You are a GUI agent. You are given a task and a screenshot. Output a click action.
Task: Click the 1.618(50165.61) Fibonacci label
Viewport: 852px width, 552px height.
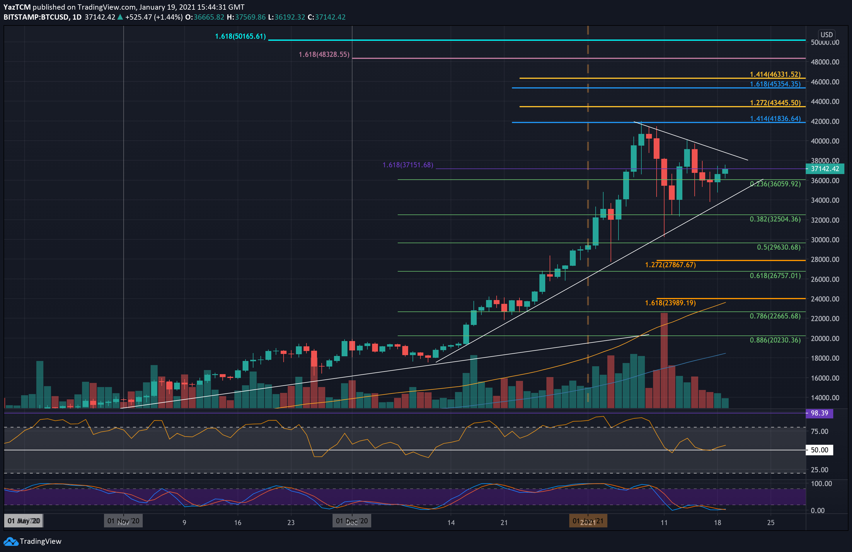click(x=240, y=37)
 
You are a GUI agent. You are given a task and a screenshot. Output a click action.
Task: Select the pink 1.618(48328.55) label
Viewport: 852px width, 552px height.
click(x=324, y=54)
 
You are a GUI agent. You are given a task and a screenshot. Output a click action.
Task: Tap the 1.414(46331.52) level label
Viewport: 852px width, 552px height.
click(x=775, y=74)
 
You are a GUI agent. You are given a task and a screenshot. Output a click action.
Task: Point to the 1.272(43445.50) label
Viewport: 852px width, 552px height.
click(x=775, y=103)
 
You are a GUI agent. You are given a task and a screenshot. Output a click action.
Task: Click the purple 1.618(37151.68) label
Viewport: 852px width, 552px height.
click(x=408, y=165)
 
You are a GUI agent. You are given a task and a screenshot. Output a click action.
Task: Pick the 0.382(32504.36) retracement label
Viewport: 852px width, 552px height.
click(x=775, y=219)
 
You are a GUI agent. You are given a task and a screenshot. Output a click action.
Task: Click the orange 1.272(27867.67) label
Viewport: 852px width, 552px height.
click(x=670, y=265)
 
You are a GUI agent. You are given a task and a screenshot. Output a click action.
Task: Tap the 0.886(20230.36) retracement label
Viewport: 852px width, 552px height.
click(x=775, y=340)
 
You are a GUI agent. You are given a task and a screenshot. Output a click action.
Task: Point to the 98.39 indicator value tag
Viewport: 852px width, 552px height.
click(x=819, y=413)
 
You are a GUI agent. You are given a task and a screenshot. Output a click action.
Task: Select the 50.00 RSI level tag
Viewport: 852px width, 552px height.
click(x=819, y=450)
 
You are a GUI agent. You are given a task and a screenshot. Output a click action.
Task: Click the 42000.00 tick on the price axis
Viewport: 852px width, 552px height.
click(x=825, y=121)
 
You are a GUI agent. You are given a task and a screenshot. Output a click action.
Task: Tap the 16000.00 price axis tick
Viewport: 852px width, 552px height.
click(x=825, y=378)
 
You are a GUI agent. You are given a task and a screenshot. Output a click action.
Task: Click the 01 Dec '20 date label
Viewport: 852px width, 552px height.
click(x=352, y=521)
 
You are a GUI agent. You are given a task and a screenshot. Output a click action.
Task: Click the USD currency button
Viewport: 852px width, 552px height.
click(x=826, y=35)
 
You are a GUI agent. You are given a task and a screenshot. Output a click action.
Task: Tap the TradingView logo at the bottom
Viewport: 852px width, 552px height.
click(x=33, y=541)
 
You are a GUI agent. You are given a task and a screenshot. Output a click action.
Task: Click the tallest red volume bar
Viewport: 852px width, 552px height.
click(x=664, y=360)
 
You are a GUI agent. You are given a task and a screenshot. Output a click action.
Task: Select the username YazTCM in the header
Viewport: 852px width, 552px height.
click(x=17, y=7)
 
